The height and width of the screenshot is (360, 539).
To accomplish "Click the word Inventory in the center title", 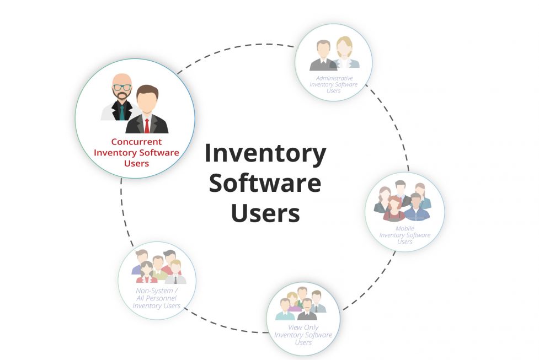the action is pyautogui.click(x=265, y=154).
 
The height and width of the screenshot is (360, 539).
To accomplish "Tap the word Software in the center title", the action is pyautogui.click(x=265, y=183).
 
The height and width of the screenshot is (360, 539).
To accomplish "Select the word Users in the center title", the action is pyautogui.click(x=265, y=213).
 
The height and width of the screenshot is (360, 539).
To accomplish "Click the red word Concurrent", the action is pyautogui.click(x=136, y=142).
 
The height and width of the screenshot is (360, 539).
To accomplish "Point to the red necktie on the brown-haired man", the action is pyautogui.click(x=147, y=126).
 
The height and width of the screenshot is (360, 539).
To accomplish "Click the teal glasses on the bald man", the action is pyautogui.click(x=122, y=87).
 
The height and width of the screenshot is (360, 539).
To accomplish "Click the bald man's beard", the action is pyautogui.click(x=122, y=95).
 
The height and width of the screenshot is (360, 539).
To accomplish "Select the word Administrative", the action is pyautogui.click(x=334, y=78).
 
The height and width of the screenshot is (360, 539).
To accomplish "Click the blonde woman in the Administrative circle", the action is pyautogui.click(x=345, y=53).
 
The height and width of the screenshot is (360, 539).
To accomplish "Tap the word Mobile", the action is pyautogui.click(x=404, y=228).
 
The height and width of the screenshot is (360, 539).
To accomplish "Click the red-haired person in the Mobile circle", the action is pyautogui.click(x=394, y=208).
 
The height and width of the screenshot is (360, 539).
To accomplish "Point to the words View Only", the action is pyautogui.click(x=303, y=327).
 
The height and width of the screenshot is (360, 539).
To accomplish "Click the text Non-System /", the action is pyautogui.click(x=157, y=291).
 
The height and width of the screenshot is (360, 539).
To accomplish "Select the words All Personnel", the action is pyautogui.click(x=157, y=298).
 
